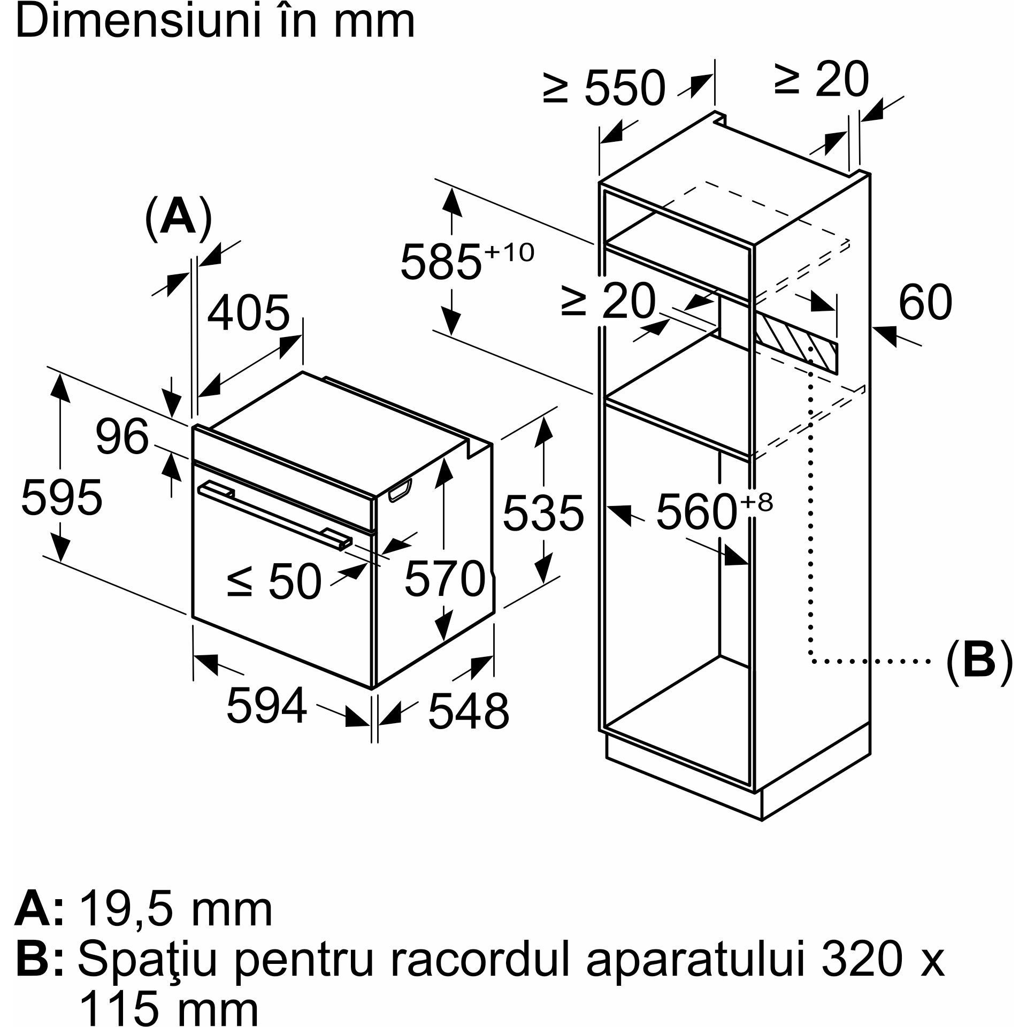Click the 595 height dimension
click(x=62, y=498)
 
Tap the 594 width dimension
click(x=267, y=705)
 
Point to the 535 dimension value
click(x=543, y=513)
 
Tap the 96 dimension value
click(x=122, y=436)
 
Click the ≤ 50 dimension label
click(x=274, y=581)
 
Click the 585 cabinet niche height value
click(x=441, y=262)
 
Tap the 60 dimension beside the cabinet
click(x=925, y=302)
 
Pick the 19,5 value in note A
click(x=128, y=909)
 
